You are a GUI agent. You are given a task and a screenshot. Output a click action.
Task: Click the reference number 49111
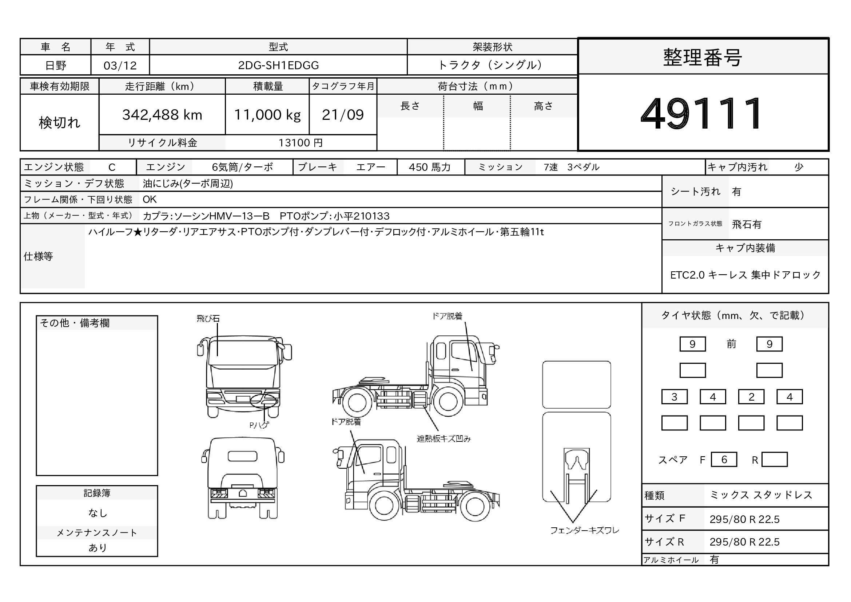[701, 113]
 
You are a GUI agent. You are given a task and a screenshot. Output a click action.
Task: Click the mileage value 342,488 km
[162, 115]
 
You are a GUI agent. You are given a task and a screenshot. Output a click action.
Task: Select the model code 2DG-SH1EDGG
[278, 65]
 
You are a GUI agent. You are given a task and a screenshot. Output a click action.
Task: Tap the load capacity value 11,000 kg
[267, 115]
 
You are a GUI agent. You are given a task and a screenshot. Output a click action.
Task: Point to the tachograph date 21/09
[343, 115]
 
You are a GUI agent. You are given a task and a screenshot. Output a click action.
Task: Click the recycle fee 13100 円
[301, 143]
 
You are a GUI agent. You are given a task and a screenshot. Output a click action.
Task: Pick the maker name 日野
[56, 66]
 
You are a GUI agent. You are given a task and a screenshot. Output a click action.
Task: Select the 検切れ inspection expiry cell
[60, 123]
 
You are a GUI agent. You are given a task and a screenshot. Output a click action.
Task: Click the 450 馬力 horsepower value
[430, 167]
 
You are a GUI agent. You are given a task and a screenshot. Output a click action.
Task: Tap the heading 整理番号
[702, 58]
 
